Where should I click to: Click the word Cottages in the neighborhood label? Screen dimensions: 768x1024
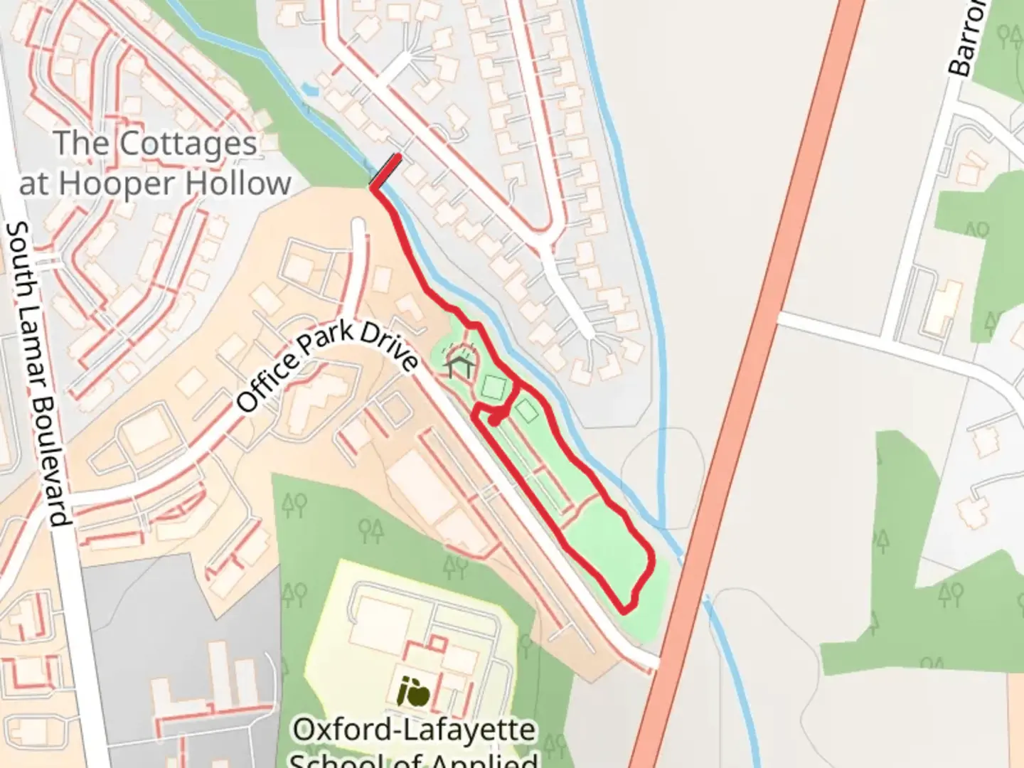pyautogui.click(x=188, y=144)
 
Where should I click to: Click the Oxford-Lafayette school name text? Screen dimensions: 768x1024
pyautogui.click(x=415, y=730)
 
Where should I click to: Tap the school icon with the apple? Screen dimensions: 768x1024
pyautogui.click(x=414, y=692)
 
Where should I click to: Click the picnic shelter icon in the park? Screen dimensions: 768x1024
pyautogui.click(x=460, y=366)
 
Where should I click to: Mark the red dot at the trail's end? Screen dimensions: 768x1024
pyautogui.click(x=494, y=421)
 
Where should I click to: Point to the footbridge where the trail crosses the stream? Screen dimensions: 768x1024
pyautogui.click(x=385, y=171)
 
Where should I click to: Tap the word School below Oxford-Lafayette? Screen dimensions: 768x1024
pyautogui.click(x=334, y=759)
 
